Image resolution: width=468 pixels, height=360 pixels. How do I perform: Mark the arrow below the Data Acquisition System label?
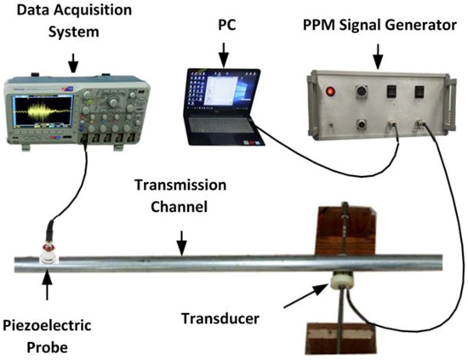click(73, 61)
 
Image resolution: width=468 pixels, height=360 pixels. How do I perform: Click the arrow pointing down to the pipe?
click(180, 246)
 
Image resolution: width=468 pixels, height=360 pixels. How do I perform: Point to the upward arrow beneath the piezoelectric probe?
click(47, 289)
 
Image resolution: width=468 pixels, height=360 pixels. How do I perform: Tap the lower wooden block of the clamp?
click(340, 341)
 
